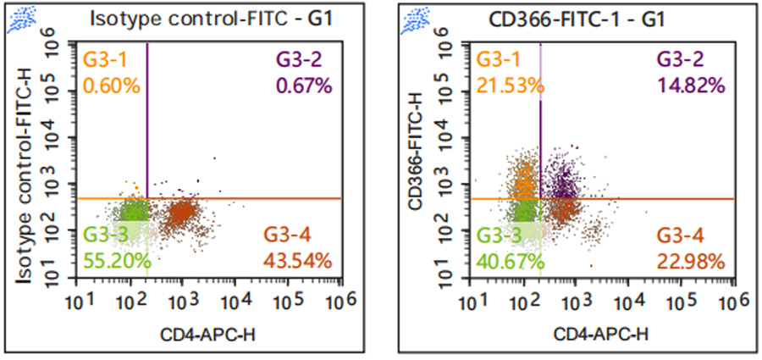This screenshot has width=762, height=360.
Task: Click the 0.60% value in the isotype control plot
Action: coord(106,85)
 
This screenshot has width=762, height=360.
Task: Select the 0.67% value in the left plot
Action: coord(299,85)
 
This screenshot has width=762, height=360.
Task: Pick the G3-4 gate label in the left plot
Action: coord(289,235)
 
